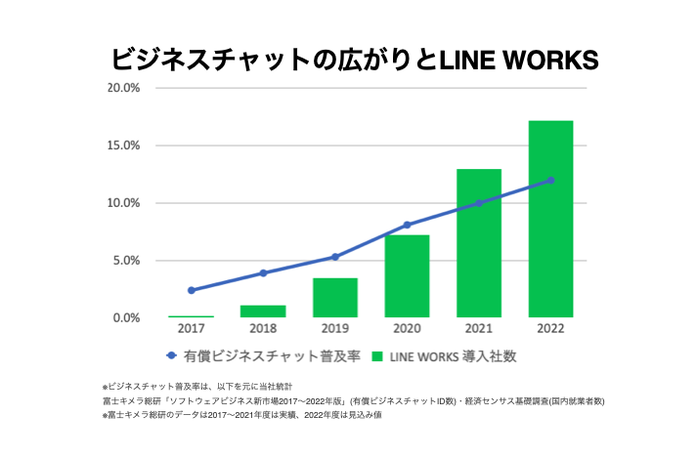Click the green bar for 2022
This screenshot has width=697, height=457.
(x=549, y=219)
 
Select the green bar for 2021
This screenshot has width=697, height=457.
(x=478, y=243)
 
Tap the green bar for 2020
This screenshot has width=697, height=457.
(x=407, y=276)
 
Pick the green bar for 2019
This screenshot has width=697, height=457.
(x=334, y=298)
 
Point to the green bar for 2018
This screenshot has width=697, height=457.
(x=263, y=312)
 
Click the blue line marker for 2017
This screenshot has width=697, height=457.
(x=192, y=290)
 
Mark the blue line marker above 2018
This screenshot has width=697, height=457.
(x=263, y=272)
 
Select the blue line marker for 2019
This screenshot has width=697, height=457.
(x=334, y=257)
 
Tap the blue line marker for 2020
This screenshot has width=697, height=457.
(x=407, y=225)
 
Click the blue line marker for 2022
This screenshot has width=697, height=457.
(x=550, y=180)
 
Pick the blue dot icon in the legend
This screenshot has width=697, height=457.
(x=170, y=357)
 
